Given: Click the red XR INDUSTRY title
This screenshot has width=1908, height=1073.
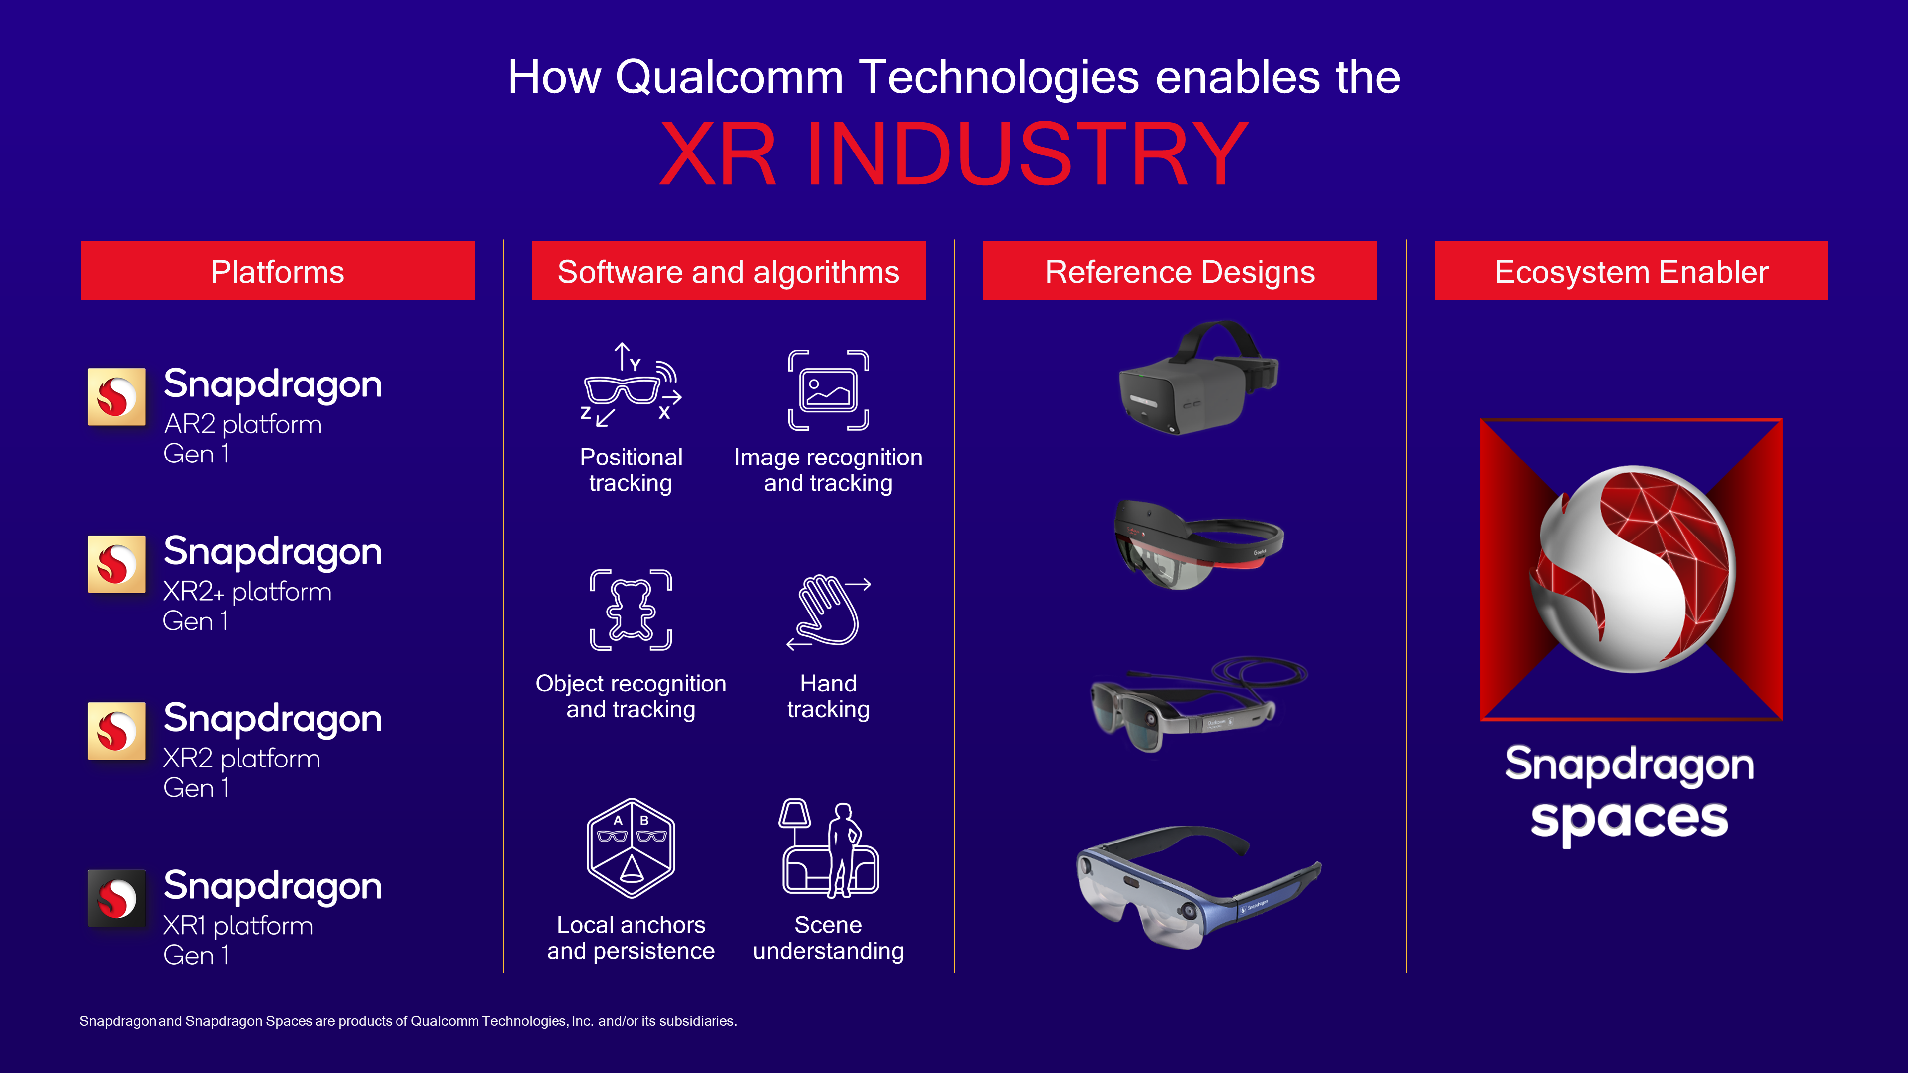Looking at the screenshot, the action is click(x=954, y=153).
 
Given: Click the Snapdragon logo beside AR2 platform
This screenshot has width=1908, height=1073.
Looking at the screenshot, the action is click(x=116, y=397).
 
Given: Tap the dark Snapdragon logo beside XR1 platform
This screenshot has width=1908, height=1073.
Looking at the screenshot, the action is click(x=116, y=898).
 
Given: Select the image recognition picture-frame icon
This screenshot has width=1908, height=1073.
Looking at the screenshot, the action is click(x=828, y=390).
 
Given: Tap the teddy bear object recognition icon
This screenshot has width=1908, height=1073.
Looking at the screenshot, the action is click(x=631, y=610).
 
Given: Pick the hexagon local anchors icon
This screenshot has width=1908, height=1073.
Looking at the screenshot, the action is click(x=631, y=848).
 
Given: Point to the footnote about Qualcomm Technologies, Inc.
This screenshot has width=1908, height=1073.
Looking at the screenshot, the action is click(x=408, y=1021).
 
